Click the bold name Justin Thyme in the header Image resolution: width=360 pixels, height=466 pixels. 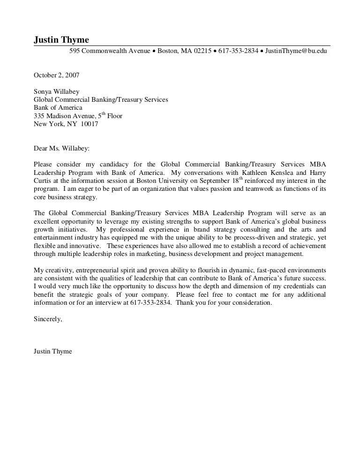61,40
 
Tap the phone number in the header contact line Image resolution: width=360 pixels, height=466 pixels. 238,51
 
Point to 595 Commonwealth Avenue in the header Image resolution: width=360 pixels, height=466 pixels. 110,51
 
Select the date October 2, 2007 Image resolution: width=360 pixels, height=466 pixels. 56,75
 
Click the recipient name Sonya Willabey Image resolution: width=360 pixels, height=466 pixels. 56,92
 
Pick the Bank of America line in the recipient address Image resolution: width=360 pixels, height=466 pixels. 58,108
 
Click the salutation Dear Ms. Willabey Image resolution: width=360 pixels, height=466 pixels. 61,149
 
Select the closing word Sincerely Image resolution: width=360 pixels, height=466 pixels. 48,319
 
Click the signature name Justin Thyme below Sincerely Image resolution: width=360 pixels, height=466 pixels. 53,351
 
